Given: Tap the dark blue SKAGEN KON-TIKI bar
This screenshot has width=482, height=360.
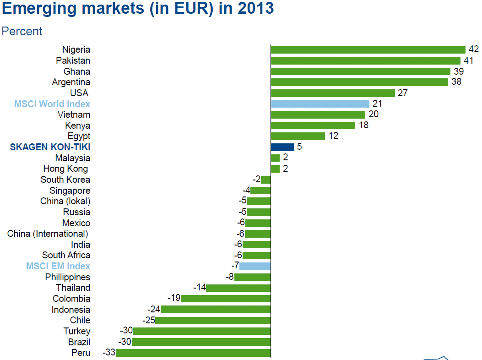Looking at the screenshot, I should point(282,147).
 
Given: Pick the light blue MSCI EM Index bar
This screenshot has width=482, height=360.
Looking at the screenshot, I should point(255,266).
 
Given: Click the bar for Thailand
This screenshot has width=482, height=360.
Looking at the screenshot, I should point(238,288).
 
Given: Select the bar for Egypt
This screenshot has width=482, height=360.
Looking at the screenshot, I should point(298,136).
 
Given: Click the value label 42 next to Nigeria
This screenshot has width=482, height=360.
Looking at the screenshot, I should point(473,49).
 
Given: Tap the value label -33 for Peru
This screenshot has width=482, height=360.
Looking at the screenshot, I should point(108,353).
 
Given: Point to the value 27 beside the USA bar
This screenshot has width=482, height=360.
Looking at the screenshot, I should point(403,93).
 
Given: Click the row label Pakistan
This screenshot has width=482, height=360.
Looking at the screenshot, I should point(73,60).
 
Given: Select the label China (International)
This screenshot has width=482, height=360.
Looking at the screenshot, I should point(48,234).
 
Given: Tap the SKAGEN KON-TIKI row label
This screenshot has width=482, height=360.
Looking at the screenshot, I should point(50,147).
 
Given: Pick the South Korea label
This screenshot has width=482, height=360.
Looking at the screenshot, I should point(65,180).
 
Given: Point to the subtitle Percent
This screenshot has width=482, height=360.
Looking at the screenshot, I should point(22,31).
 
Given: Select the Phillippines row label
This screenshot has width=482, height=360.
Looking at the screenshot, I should point(67,277).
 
